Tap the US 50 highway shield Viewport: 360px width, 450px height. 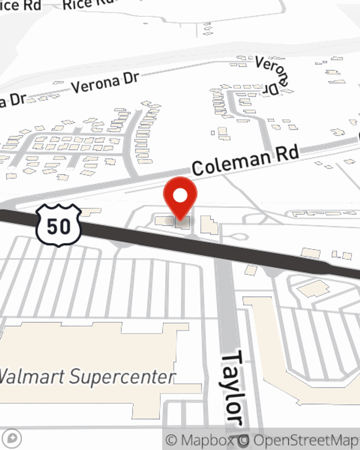pyautogui.click(x=59, y=226)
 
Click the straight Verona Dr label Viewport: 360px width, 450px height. pyautogui.click(x=105, y=82)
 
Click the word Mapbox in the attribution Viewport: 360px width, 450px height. pyautogui.click(x=207, y=440)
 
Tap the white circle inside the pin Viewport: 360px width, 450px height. pyautogui.click(x=180, y=196)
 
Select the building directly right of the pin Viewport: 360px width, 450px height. pyautogui.click(x=209, y=225)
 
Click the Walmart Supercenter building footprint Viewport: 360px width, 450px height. pyautogui.click(x=90, y=346)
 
